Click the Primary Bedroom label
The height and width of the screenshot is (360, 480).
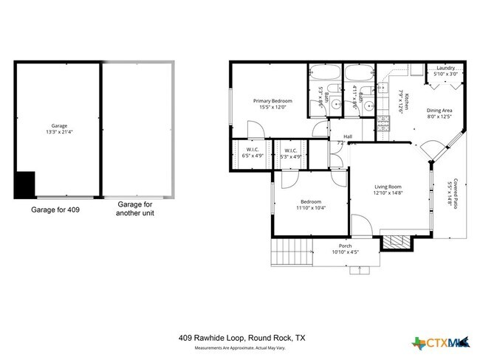click(x=272, y=101)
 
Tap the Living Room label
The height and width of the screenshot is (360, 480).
click(x=387, y=187)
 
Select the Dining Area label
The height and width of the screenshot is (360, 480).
click(x=439, y=111)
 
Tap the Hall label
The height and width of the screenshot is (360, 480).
click(x=347, y=136)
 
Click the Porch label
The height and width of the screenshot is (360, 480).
click(x=345, y=246)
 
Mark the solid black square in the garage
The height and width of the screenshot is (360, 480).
click(x=25, y=184)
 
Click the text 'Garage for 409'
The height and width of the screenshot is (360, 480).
click(x=55, y=210)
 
